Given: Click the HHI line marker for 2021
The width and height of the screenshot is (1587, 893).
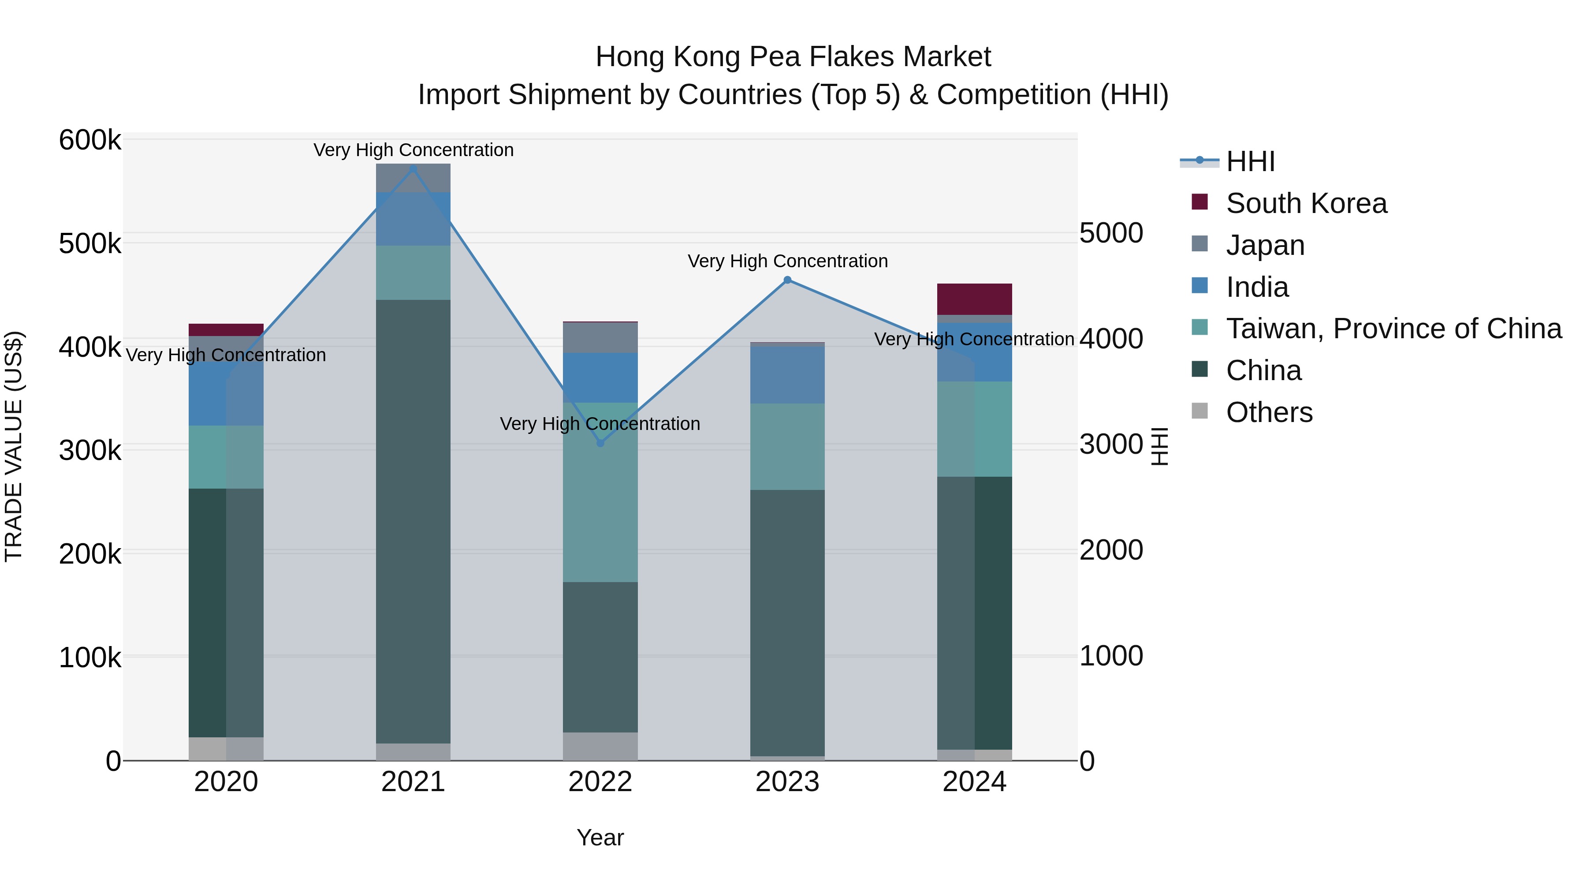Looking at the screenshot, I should pos(414,169).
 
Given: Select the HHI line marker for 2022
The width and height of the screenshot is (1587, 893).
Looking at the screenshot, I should pos(601,443).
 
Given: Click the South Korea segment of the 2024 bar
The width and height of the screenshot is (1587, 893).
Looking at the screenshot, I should pos(975,299).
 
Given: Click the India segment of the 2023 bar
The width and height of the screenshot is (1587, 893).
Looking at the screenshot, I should pos(787,375).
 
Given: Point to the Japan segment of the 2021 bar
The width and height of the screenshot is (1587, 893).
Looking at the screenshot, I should pos(414,179).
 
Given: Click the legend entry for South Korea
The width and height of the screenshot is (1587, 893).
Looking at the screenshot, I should pos(1306,203).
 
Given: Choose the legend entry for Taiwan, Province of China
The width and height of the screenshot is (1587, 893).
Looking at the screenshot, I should pos(1393,329).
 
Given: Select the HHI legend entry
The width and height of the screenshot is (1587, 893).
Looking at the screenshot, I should pos(1250,161).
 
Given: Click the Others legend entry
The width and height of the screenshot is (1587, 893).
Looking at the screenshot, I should pos(1269,412).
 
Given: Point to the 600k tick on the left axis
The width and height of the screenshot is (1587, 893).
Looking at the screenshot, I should pos(90,140).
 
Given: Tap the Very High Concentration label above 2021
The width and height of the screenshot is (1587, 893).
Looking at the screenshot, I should pos(414,150).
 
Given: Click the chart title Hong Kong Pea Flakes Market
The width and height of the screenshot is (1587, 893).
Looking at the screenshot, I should pos(793,57).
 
